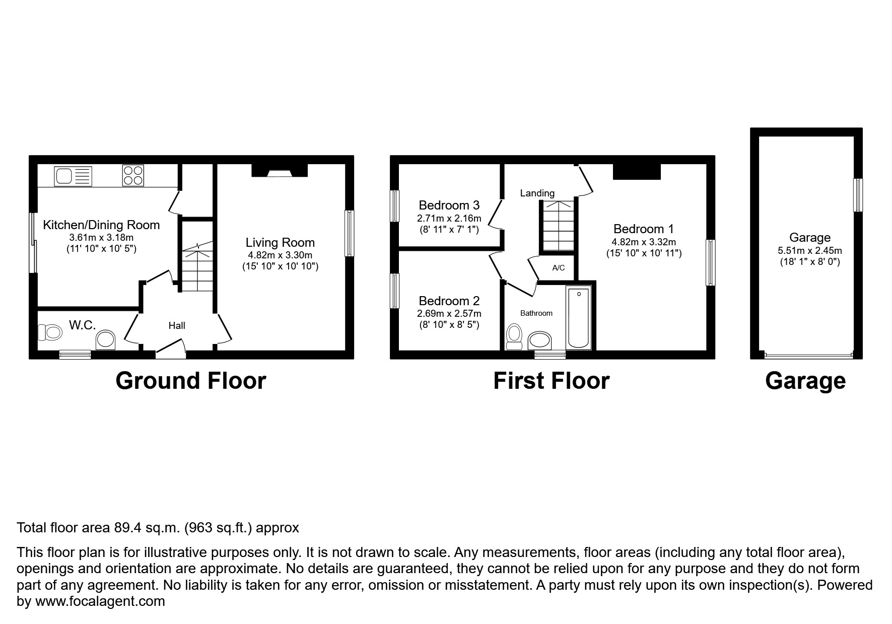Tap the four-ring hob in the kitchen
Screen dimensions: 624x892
(133, 176)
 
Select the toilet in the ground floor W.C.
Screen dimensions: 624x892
(50, 332)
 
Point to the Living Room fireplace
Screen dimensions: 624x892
(280, 171)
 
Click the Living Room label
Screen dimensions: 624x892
(280, 242)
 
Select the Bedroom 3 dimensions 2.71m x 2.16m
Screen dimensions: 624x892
(449, 219)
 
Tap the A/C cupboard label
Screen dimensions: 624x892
(558, 268)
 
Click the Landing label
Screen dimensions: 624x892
(537, 193)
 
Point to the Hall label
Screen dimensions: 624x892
(177, 326)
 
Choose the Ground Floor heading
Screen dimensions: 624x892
(191, 381)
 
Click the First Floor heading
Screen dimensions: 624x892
(551, 381)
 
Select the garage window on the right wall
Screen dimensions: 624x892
(858, 195)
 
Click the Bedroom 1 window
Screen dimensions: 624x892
(710, 263)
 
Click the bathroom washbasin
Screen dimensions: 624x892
(539, 341)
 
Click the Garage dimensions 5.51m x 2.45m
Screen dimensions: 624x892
(810, 250)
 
